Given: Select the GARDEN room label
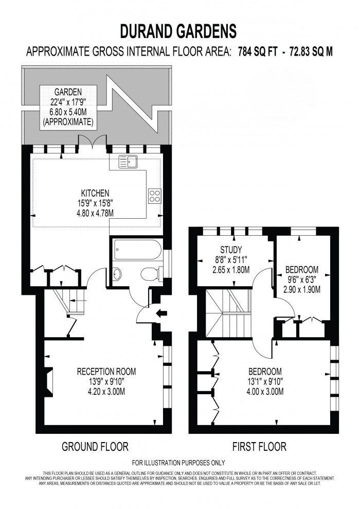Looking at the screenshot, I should [x=67, y=93].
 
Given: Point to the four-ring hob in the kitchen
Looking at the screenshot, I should [x=155, y=195].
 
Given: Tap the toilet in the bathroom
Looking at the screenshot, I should [x=149, y=274].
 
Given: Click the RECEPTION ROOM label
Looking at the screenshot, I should [x=106, y=372].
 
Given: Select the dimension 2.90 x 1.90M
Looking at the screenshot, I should [x=302, y=289].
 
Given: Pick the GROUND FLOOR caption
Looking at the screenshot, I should [x=95, y=446].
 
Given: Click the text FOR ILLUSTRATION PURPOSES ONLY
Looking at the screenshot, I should [x=178, y=463].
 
